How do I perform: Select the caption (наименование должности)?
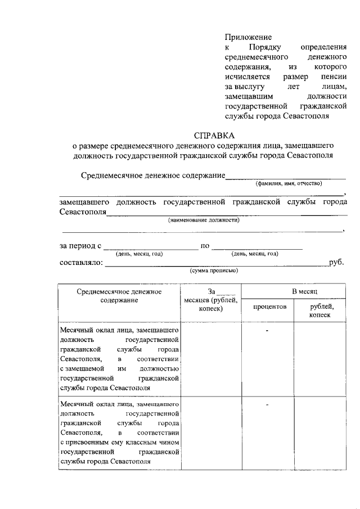pyautogui.click(x=203, y=220)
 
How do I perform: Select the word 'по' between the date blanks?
pyautogui.click(x=205, y=246)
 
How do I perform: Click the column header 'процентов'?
pyautogui.click(x=269, y=307)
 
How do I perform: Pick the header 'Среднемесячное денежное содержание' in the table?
pyautogui.click(x=119, y=296)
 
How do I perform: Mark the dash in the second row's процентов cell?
pyautogui.click(x=267, y=405)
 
